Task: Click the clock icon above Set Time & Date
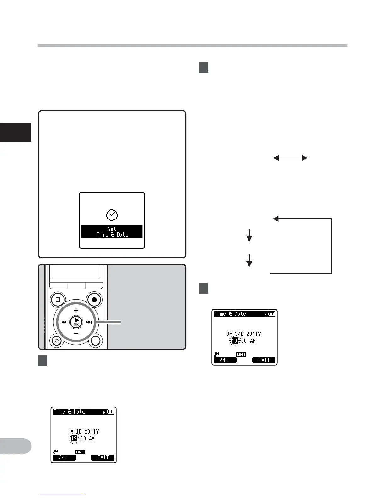(112, 215)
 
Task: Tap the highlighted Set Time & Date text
(112, 232)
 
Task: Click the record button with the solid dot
(94, 300)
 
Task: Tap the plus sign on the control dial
(76, 310)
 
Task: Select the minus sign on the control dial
(76, 333)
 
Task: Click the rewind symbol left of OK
(63, 322)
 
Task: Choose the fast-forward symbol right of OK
(89, 322)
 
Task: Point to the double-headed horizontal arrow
(290, 158)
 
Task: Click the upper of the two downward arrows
(249, 235)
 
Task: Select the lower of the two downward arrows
(249, 261)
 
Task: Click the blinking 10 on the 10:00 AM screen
(235, 340)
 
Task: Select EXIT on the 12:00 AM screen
(103, 457)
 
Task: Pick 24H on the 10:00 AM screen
(225, 360)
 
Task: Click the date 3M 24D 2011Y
(244, 334)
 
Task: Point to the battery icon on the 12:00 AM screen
(111, 412)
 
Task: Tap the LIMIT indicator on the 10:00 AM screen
(241, 355)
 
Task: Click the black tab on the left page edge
(16, 132)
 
